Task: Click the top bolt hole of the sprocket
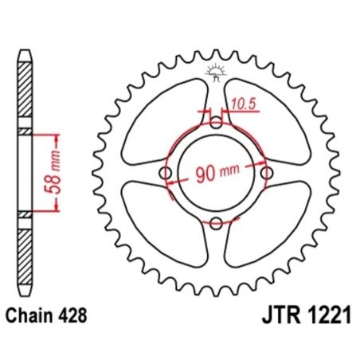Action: pyautogui.click(x=217, y=123)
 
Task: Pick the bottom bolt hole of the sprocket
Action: pyautogui.click(x=217, y=224)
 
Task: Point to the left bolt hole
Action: pyautogui.click(x=166, y=174)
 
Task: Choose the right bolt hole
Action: pyautogui.click(x=267, y=174)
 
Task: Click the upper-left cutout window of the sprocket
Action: pyautogui.click(x=163, y=119)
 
